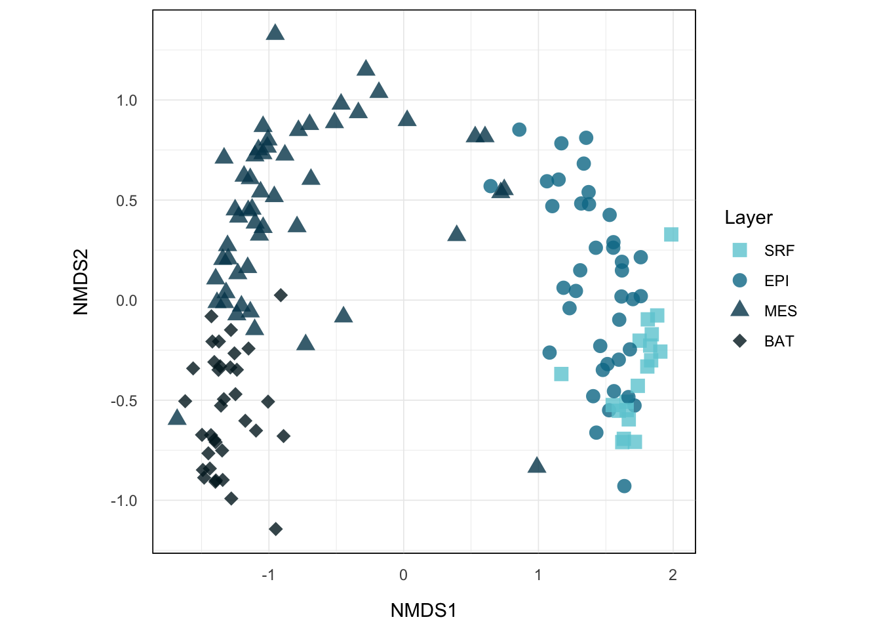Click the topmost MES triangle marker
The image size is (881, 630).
pyautogui.click(x=275, y=32)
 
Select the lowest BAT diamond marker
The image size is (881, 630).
pyautogui.click(x=276, y=529)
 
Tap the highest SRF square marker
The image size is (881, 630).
pyautogui.click(x=671, y=234)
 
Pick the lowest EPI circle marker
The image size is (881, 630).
pyautogui.click(x=624, y=486)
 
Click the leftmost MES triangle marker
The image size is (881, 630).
pyautogui.click(x=177, y=417)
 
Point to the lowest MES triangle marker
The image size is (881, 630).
pyautogui.click(x=537, y=465)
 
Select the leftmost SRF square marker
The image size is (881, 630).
pyautogui.click(x=561, y=374)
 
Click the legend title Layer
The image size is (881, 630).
pyautogui.click(x=749, y=218)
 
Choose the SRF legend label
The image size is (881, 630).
pyautogui.click(x=779, y=251)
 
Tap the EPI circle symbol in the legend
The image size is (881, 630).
pyautogui.click(x=740, y=280)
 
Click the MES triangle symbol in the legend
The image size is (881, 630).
pyautogui.click(x=740, y=310)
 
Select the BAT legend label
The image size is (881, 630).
pyautogui.click(x=779, y=341)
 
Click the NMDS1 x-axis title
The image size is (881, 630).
pyautogui.click(x=423, y=610)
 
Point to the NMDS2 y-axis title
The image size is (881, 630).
pyautogui.click(x=81, y=282)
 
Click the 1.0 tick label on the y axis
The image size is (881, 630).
pyautogui.click(x=127, y=100)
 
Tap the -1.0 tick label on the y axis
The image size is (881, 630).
pyautogui.click(x=124, y=501)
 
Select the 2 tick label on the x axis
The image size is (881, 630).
pyautogui.click(x=673, y=575)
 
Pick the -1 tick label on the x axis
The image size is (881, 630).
pyautogui.click(x=268, y=575)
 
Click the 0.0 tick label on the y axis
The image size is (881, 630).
pyautogui.click(x=127, y=301)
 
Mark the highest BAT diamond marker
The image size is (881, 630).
pyautogui.click(x=281, y=295)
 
